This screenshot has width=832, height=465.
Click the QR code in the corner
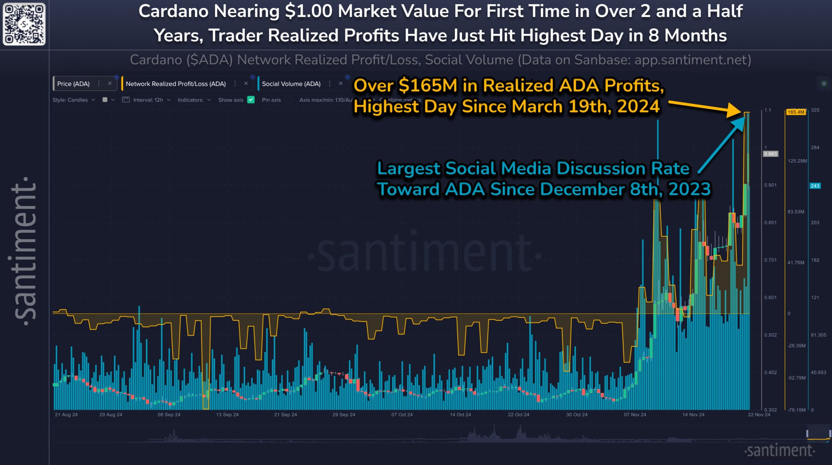(24, 24)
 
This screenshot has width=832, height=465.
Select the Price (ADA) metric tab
(73, 84)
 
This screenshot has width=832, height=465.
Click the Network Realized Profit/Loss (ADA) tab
(175, 84)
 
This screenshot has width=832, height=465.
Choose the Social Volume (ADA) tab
(291, 84)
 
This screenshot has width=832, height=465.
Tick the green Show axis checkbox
(251, 100)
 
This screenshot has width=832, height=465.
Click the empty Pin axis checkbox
(288, 100)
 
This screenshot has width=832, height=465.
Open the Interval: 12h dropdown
(148, 100)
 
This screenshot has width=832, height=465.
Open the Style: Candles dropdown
(73, 100)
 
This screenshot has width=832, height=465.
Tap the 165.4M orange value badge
(796, 112)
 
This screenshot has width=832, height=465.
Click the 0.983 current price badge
(770, 154)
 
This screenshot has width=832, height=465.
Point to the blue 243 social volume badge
(815, 186)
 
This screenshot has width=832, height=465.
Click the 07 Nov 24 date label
(635, 415)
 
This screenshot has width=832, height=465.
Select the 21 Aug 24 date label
(66, 415)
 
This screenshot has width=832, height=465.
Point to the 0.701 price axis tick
(770, 260)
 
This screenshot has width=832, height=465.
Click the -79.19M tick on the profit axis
(796, 410)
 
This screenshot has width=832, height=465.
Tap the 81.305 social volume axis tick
(818, 335)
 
